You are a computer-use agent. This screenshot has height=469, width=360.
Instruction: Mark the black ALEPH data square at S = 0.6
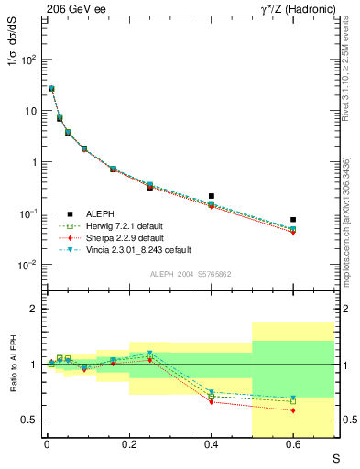pyautogui.click(x=293, y=220)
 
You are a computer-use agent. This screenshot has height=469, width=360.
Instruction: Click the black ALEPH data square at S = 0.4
pyautogui.click(x=212, y=196)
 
